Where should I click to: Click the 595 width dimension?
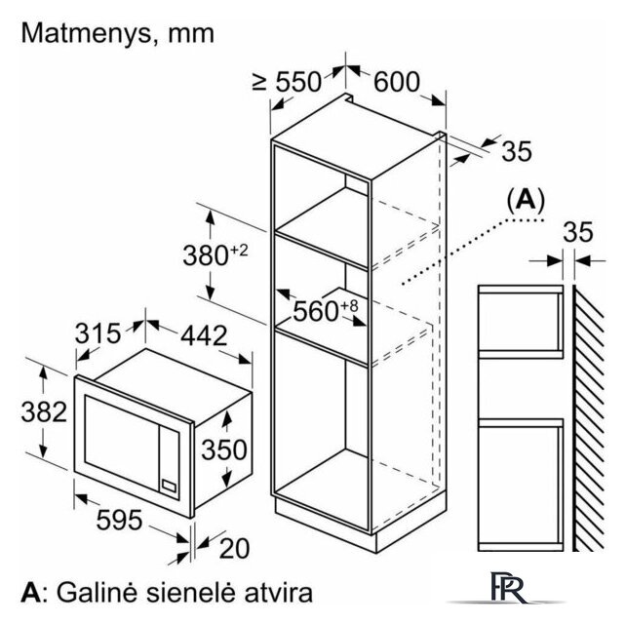coord(119,521)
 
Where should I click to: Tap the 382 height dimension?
coord(44,412)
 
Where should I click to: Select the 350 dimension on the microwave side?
coord(224,449)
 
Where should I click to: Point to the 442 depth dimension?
coord(204,335)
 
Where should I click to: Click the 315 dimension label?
coord(98,333)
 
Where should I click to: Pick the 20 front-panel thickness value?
coord(234,549)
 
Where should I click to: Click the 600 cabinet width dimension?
coord(397,82)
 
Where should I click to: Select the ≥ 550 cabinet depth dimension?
coord(287,82)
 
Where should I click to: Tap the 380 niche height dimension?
coord(215,253)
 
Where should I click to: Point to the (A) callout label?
coord(526,200)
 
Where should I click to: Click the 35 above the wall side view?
coord(578,232)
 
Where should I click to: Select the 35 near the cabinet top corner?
coord(517,151)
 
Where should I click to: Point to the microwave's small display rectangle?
coord(168,486)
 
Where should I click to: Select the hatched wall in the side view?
coord(589,418)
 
